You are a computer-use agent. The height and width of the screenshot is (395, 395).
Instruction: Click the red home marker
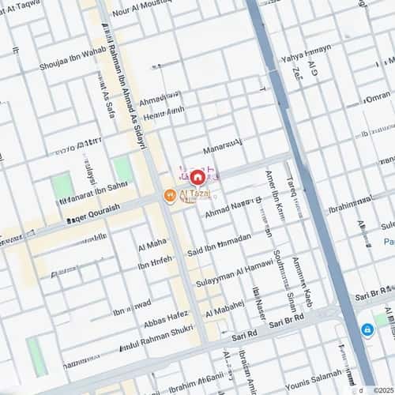197,177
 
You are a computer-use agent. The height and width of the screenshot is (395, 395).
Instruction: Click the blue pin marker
367,329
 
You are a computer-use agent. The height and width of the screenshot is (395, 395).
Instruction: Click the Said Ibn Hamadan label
219,244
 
